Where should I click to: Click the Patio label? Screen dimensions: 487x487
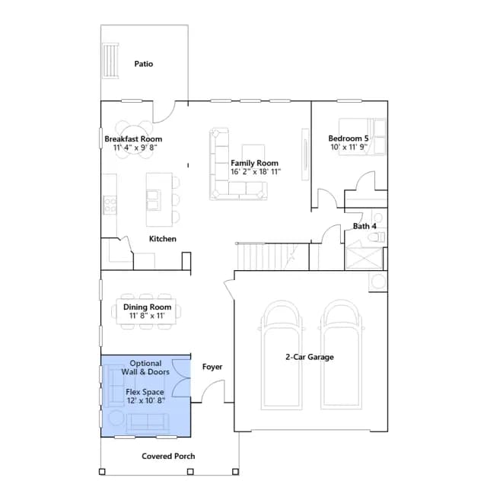pyautogui.click(x=144, y=64)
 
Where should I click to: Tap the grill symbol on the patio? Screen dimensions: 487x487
pyautogui.click(x=110, y=61)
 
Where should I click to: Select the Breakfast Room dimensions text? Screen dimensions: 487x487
pyautogui.click(x=135, y=147)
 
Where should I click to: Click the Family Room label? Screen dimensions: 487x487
pyautogui.click(x=254, y=163)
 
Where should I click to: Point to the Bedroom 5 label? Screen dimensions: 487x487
pyautogui.click(x=349, y=138)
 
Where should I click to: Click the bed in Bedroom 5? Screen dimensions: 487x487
pyautogui.click(x=362, y=136)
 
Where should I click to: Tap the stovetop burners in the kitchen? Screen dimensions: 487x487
pyautogui.click(x=110, y=205)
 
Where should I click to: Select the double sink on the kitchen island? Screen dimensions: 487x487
pyautogui.click(x=154, y=200)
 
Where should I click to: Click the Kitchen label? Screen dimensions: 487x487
pyautogui.click(x=163, y=239)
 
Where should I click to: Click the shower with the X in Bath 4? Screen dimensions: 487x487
pyautogui.click(x=364, y=258)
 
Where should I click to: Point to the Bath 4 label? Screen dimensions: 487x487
pyautogui.click(x=364, y=226)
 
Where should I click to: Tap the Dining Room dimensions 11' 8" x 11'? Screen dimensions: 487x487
pyautogui.click(x=147, y=316)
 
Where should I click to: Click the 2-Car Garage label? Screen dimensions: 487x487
pyautogui.click(x=310, y=357)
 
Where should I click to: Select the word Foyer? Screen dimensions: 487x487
pyautogui.click(x=212, y=367)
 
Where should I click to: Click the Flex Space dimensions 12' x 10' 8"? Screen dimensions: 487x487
pyautogui.click(x=145, y=400)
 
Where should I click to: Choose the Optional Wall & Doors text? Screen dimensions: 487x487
pyautogui.click(x=145, y=368)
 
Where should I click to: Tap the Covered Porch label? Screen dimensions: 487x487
pyautogui.click(x=168, y=456)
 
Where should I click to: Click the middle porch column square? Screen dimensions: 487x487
pyautogui.click(x=190, y=472)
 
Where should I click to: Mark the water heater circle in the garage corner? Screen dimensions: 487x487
pyautogui.click(x=378, y=282)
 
